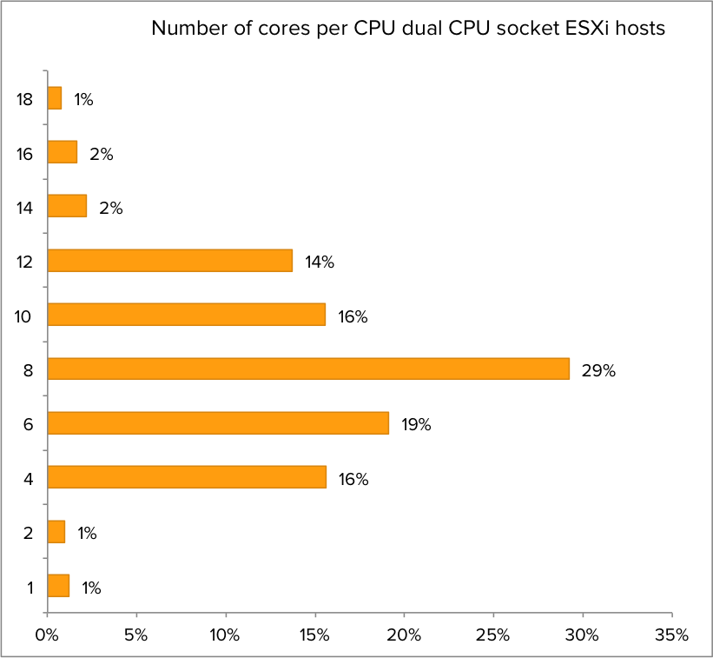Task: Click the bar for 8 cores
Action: (308, 369)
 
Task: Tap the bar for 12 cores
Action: (170, 261)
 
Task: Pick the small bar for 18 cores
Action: (55, 98)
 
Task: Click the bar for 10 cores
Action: (187, 315)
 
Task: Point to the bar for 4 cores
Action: (187, 477)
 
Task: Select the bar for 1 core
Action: (58, 586)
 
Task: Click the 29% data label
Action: (598, 371)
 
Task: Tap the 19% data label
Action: (416, 425)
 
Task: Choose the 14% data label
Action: (319, 263)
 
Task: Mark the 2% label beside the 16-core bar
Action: (102, 155)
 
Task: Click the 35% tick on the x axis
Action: (671, 635)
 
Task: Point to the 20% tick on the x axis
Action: (404, 635)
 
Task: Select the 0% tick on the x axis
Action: (47, 635)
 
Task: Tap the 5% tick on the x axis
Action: (136, 635)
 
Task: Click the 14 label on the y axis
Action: (24, 208)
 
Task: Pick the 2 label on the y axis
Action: (29, 533)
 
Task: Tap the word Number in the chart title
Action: (183, 29)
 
